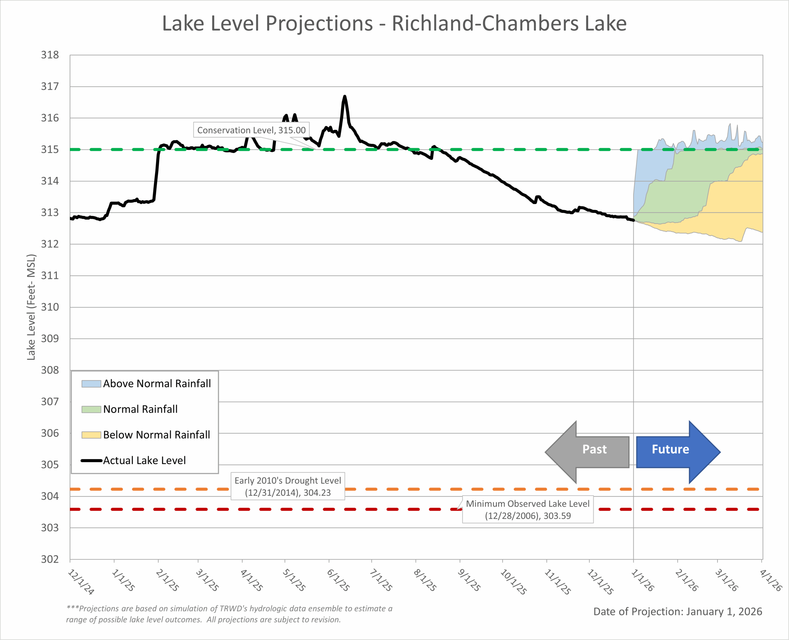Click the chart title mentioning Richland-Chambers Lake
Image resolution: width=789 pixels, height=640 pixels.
point(394,24)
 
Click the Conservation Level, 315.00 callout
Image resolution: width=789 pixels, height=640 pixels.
point(251,130)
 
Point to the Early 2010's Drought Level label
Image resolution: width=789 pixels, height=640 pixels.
point(288,486)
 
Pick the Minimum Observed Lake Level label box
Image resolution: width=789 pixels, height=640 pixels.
point(528,509)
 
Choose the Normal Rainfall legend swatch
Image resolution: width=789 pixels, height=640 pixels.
point(92,409)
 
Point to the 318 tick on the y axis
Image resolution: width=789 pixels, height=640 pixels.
point(50,55)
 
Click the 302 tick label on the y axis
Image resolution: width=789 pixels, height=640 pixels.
point(50,559)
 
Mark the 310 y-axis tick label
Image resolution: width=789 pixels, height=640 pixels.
point(50,307)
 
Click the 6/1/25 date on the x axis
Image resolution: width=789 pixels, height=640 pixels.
point(338,580)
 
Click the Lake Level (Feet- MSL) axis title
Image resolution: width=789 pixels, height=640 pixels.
point(31,307)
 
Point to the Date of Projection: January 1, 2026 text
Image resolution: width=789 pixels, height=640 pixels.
point(678,612)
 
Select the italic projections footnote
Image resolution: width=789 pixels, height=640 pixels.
point(229,614)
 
